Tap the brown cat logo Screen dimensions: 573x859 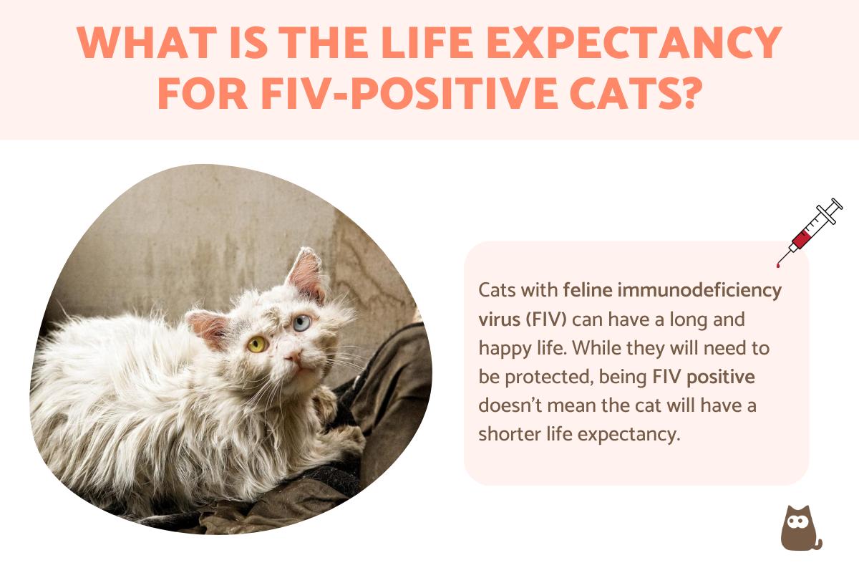[799, 528]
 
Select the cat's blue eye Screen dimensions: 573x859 [302, 322]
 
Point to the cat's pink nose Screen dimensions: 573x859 [294, 356]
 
